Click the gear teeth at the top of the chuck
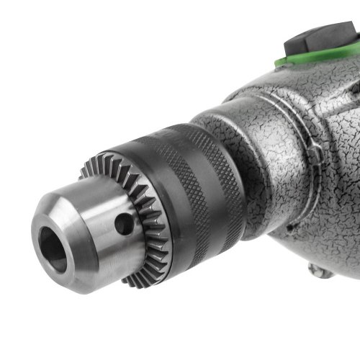pyautogui.click(x=115, y=163)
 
